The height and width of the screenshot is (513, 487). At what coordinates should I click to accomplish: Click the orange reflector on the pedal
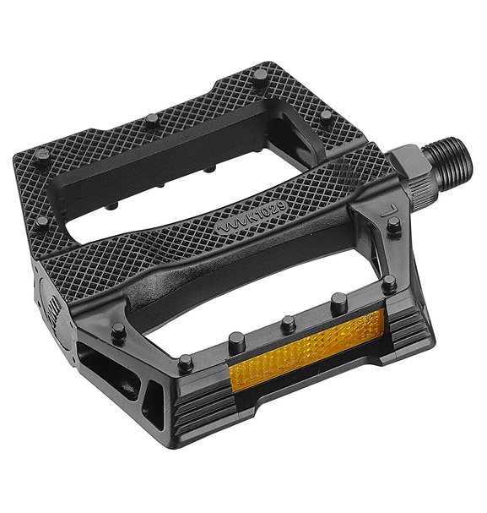309,350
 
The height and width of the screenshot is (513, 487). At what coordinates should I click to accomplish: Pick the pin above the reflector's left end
237,341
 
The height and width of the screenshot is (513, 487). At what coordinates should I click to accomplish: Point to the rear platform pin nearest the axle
326,114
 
